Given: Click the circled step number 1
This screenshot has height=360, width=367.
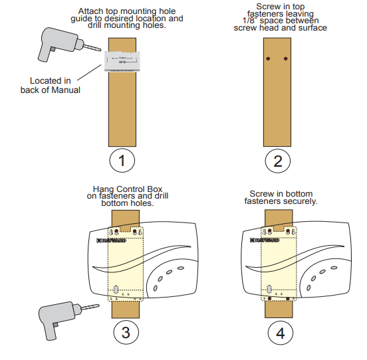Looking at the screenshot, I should (x=122, y=160).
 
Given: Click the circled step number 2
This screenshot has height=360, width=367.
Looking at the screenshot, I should (x=277, y=160).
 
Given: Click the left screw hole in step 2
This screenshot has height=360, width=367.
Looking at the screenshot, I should (x=268, y=60).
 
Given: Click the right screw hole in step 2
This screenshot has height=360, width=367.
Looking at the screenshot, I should (x=286, y=60).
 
